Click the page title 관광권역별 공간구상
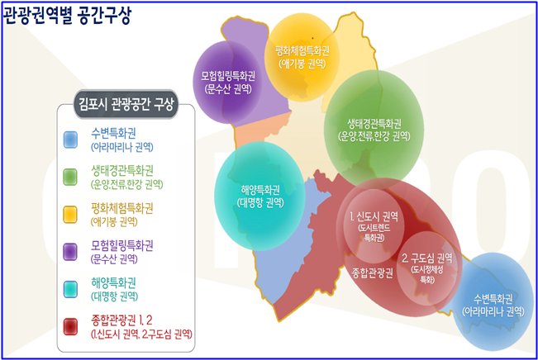click(x=67, y=17)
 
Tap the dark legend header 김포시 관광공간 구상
click(x=126, y=104)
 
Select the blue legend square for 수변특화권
click(x=70, y=140)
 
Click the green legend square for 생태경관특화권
click(x=70, y=177)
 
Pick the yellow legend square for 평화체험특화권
click(x=70, y=215)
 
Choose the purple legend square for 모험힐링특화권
click(x=70, y=252)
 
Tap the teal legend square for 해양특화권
click(x=70, y=289)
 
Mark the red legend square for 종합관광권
click(x=70, y=326)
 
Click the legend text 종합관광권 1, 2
click(x=121, y=320)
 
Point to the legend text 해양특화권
click(x=113, y=283)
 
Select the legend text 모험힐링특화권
click(x=121, y=245)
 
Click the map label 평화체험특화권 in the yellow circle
click(x=302, y=51)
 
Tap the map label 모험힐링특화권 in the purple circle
click(x=228, y=76)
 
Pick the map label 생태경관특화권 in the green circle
click(x=374, y=123)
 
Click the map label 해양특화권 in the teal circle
click(x=260, y=190)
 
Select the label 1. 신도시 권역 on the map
click(x=374, y=216)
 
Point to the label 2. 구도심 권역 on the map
click(x=427, y=258)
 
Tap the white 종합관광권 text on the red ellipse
click(x=372, y=273)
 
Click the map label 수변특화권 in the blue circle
click(x=493, y=299)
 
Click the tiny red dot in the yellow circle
click(x=312, y=38)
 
